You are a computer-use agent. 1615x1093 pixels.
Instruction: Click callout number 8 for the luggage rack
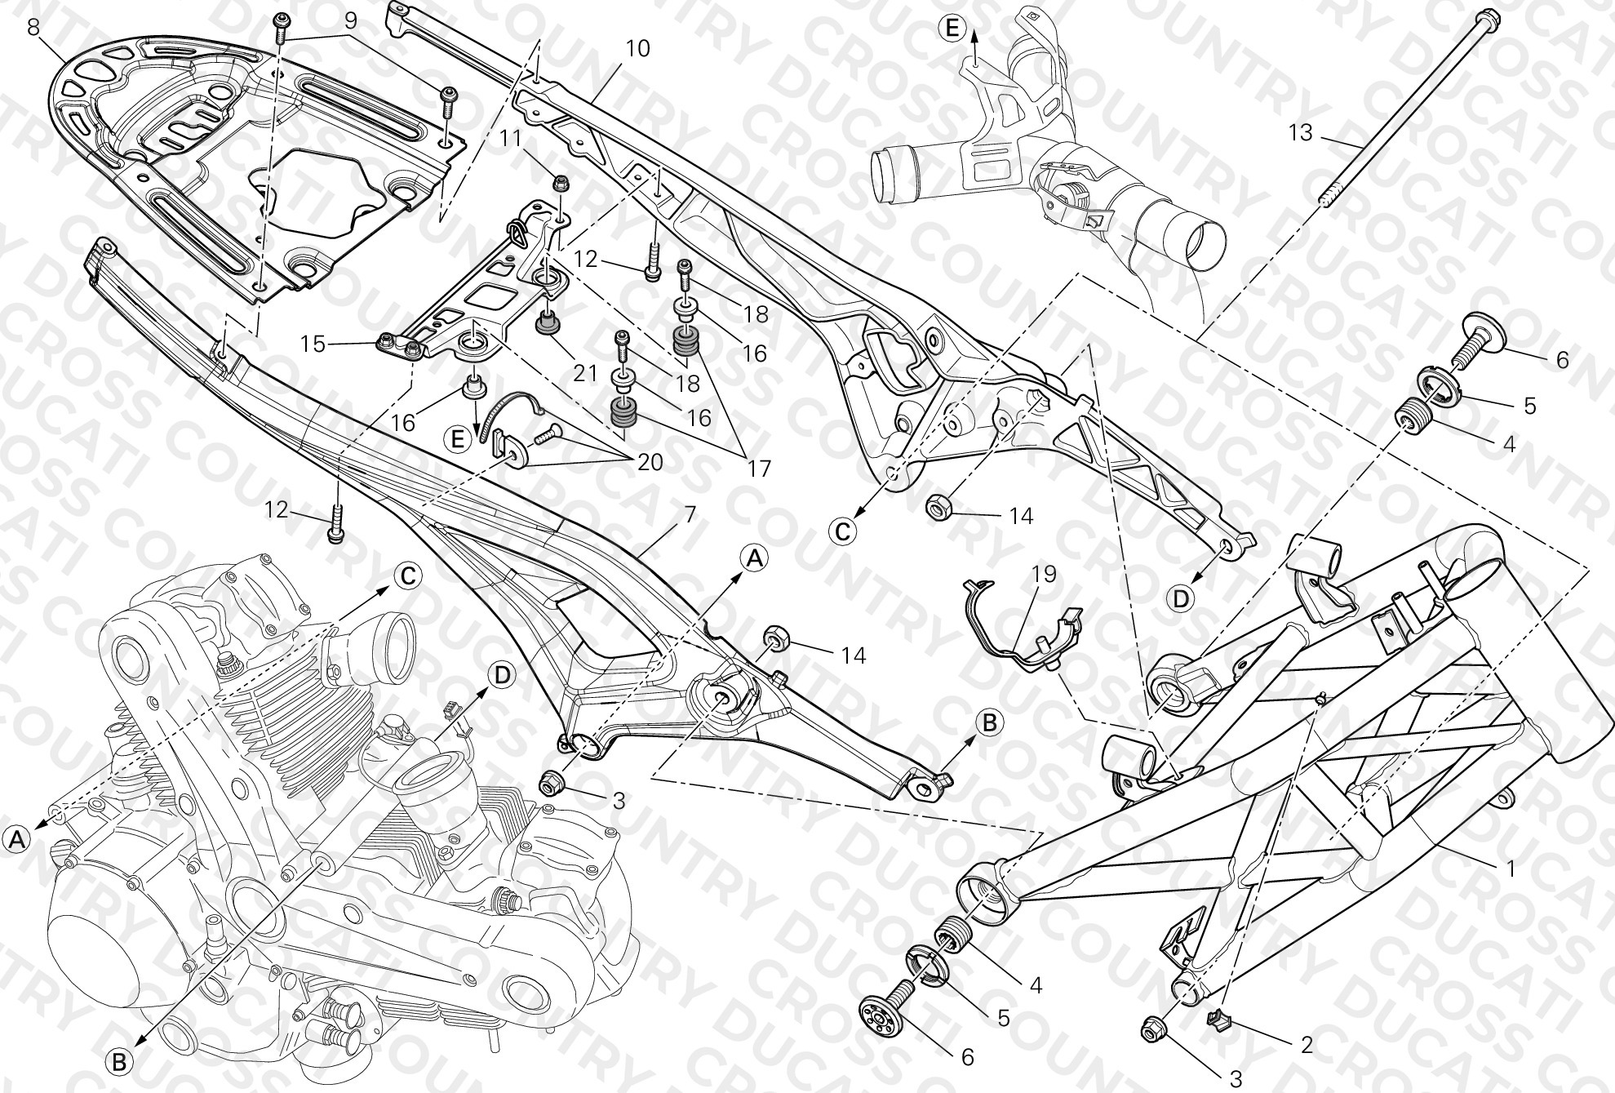[33, 26]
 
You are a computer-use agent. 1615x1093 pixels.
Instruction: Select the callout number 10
[637, 49]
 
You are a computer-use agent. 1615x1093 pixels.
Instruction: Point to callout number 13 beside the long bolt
[1301, 131]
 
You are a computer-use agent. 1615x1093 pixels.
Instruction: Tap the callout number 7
[690, 515]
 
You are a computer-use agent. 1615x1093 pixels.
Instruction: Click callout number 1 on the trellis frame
[1510, 869]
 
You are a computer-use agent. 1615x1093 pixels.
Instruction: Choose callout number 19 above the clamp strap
[1044, 574]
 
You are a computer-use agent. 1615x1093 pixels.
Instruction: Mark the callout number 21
[585, 374]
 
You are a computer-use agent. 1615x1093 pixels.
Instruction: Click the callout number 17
[758, 469]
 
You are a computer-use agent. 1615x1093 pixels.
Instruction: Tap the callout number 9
[350, 20]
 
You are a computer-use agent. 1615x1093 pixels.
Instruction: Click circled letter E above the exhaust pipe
[952, 29]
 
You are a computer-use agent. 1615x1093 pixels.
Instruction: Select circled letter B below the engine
[119, 1062]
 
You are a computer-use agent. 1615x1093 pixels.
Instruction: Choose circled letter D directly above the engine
[503, 675]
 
